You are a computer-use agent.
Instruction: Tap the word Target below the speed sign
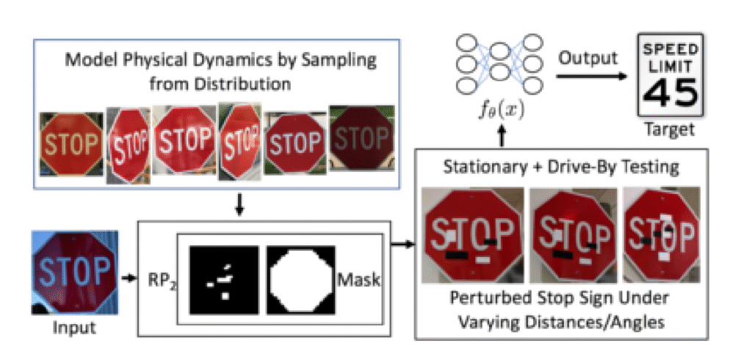pyautogui.click(x=670, y=129)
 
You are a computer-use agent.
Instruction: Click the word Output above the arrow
pyautogui.click(x=587, y=59)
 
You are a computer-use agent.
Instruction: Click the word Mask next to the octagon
pyautogui.click(x=358, y=280)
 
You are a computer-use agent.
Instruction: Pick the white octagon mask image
pyautogui.click(x=300, y=280)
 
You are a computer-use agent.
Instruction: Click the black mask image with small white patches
pyautogui.click(x=224, y=280)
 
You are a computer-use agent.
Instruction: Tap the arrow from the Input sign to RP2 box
pyautogui.click(x=129, y=278)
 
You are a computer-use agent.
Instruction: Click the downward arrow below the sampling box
pyautogui.click(x=240, y=205)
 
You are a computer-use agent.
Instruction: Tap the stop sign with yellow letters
pyautogui.click(x=71, y=143)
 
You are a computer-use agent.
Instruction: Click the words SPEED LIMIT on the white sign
pyautogui.click(x=670, y=57)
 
